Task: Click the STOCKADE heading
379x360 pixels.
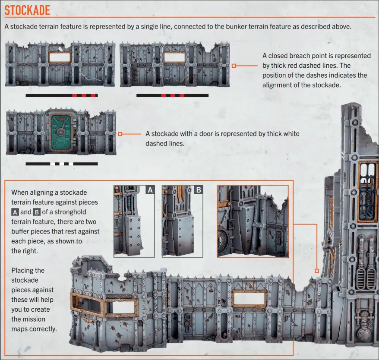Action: (x=27, y=9)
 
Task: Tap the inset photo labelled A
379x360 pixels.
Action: (x=134, y=221)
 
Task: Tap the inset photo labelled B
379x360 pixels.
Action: (x=182, y=221)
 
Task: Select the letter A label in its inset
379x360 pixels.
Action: (x=150, y=189)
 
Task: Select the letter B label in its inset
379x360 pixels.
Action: (x=198, y=189)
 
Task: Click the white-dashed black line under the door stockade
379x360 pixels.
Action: (x=62, y=164)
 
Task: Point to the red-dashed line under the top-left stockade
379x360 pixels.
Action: (x=62, y=95)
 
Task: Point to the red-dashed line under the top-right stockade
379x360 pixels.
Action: (x=172, y=95)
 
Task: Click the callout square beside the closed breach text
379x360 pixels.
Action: (x=234, y=66)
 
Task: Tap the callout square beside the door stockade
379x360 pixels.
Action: (x=120, y=134)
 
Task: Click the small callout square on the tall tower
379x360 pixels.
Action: (x=316, y=271)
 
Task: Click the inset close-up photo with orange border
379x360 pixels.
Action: (x=252, y=221)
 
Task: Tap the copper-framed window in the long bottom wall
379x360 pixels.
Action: (x=249, y=298)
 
